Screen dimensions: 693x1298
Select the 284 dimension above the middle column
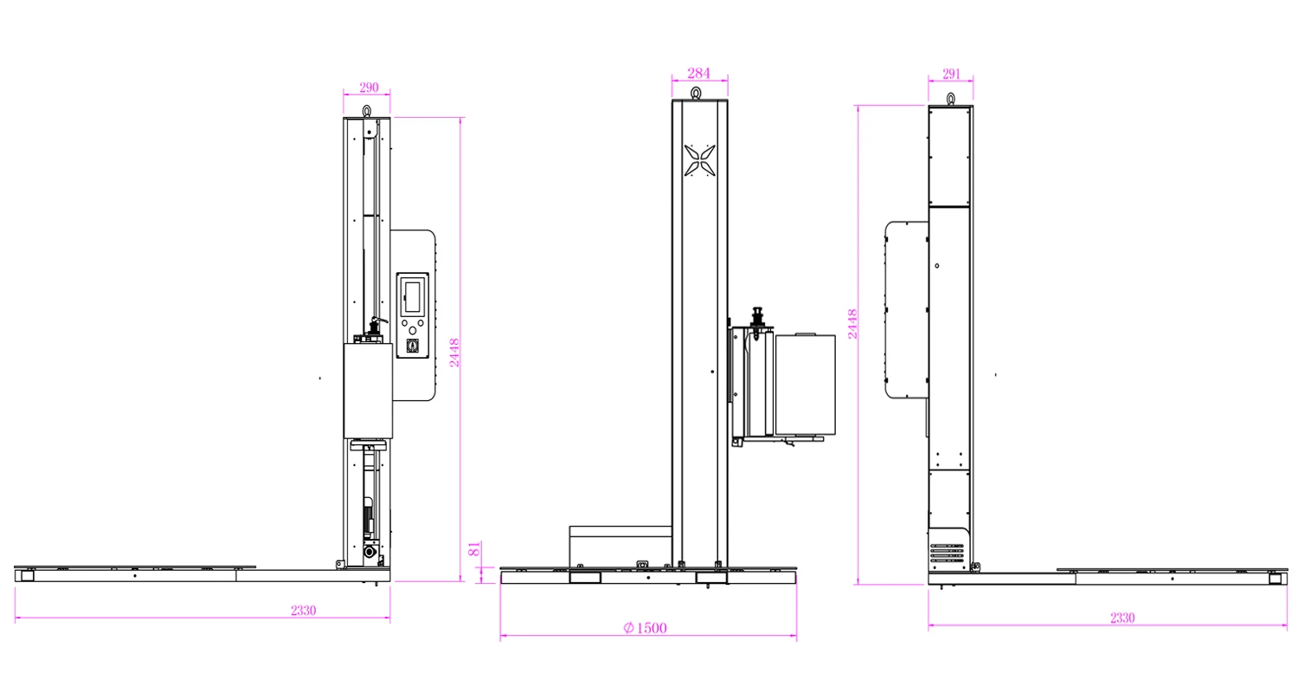698,73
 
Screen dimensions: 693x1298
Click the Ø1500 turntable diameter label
645,628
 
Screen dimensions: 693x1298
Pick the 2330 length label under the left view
303,610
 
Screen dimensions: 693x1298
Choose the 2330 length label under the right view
1121,618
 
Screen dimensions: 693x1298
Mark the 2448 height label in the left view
453,353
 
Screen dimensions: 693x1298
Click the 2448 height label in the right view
852,324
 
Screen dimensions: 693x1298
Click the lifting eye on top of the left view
367,110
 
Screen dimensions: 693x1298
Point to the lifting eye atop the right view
950,99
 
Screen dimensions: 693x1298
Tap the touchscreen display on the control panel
411,295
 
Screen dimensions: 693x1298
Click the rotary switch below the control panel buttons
412,346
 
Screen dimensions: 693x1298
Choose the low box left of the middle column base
620,546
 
